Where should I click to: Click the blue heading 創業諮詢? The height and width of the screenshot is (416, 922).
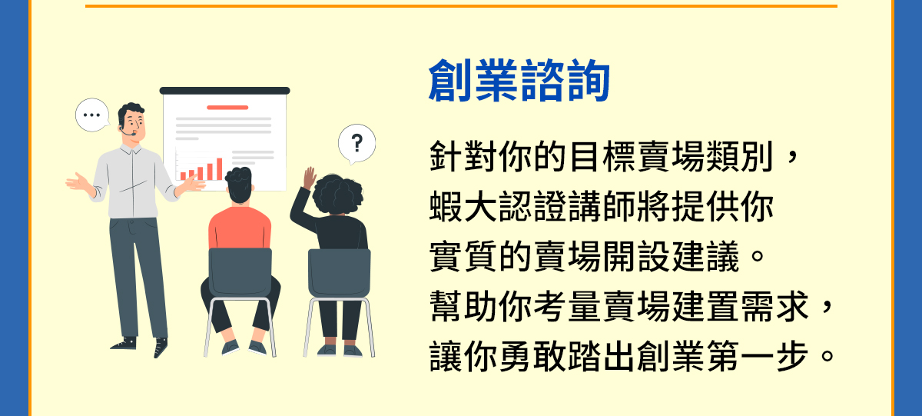[519, 80]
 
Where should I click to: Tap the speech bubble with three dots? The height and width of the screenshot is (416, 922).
[92, 115]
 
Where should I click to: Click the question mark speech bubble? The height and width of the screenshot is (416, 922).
[357, 144]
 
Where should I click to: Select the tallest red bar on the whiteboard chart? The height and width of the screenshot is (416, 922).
[220, 169]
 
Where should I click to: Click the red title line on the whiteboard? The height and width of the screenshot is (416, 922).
[227, 108]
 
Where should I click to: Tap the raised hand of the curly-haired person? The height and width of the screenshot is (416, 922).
[309, 178]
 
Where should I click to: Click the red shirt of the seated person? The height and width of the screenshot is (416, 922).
[240, 228]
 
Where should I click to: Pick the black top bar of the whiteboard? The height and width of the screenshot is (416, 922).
[224, 91]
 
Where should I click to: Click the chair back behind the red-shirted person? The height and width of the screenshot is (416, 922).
[240, 272]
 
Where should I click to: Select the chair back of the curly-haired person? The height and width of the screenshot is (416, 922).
[339, 273]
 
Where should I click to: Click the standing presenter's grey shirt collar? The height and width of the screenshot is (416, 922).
[131, 148]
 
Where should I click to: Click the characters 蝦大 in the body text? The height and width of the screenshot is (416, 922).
[463, 207]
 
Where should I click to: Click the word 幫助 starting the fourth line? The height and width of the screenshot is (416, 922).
[463, 307]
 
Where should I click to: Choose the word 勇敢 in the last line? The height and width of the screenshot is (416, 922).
[532, 356]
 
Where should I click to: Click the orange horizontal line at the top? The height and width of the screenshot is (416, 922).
[461, 5]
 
